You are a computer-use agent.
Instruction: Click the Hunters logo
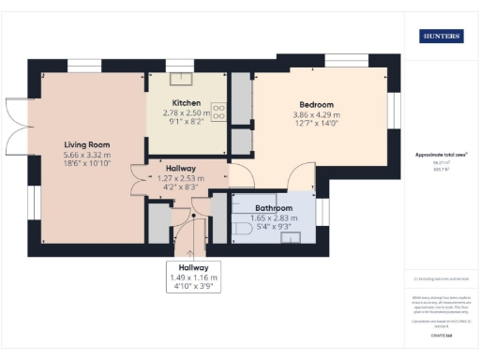[x=440, y=37]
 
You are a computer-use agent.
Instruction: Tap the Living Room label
[x=87, y=144]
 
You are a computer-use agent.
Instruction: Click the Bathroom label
[x=274, y=207]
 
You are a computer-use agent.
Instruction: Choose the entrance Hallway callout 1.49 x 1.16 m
[x=191, y=278]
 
